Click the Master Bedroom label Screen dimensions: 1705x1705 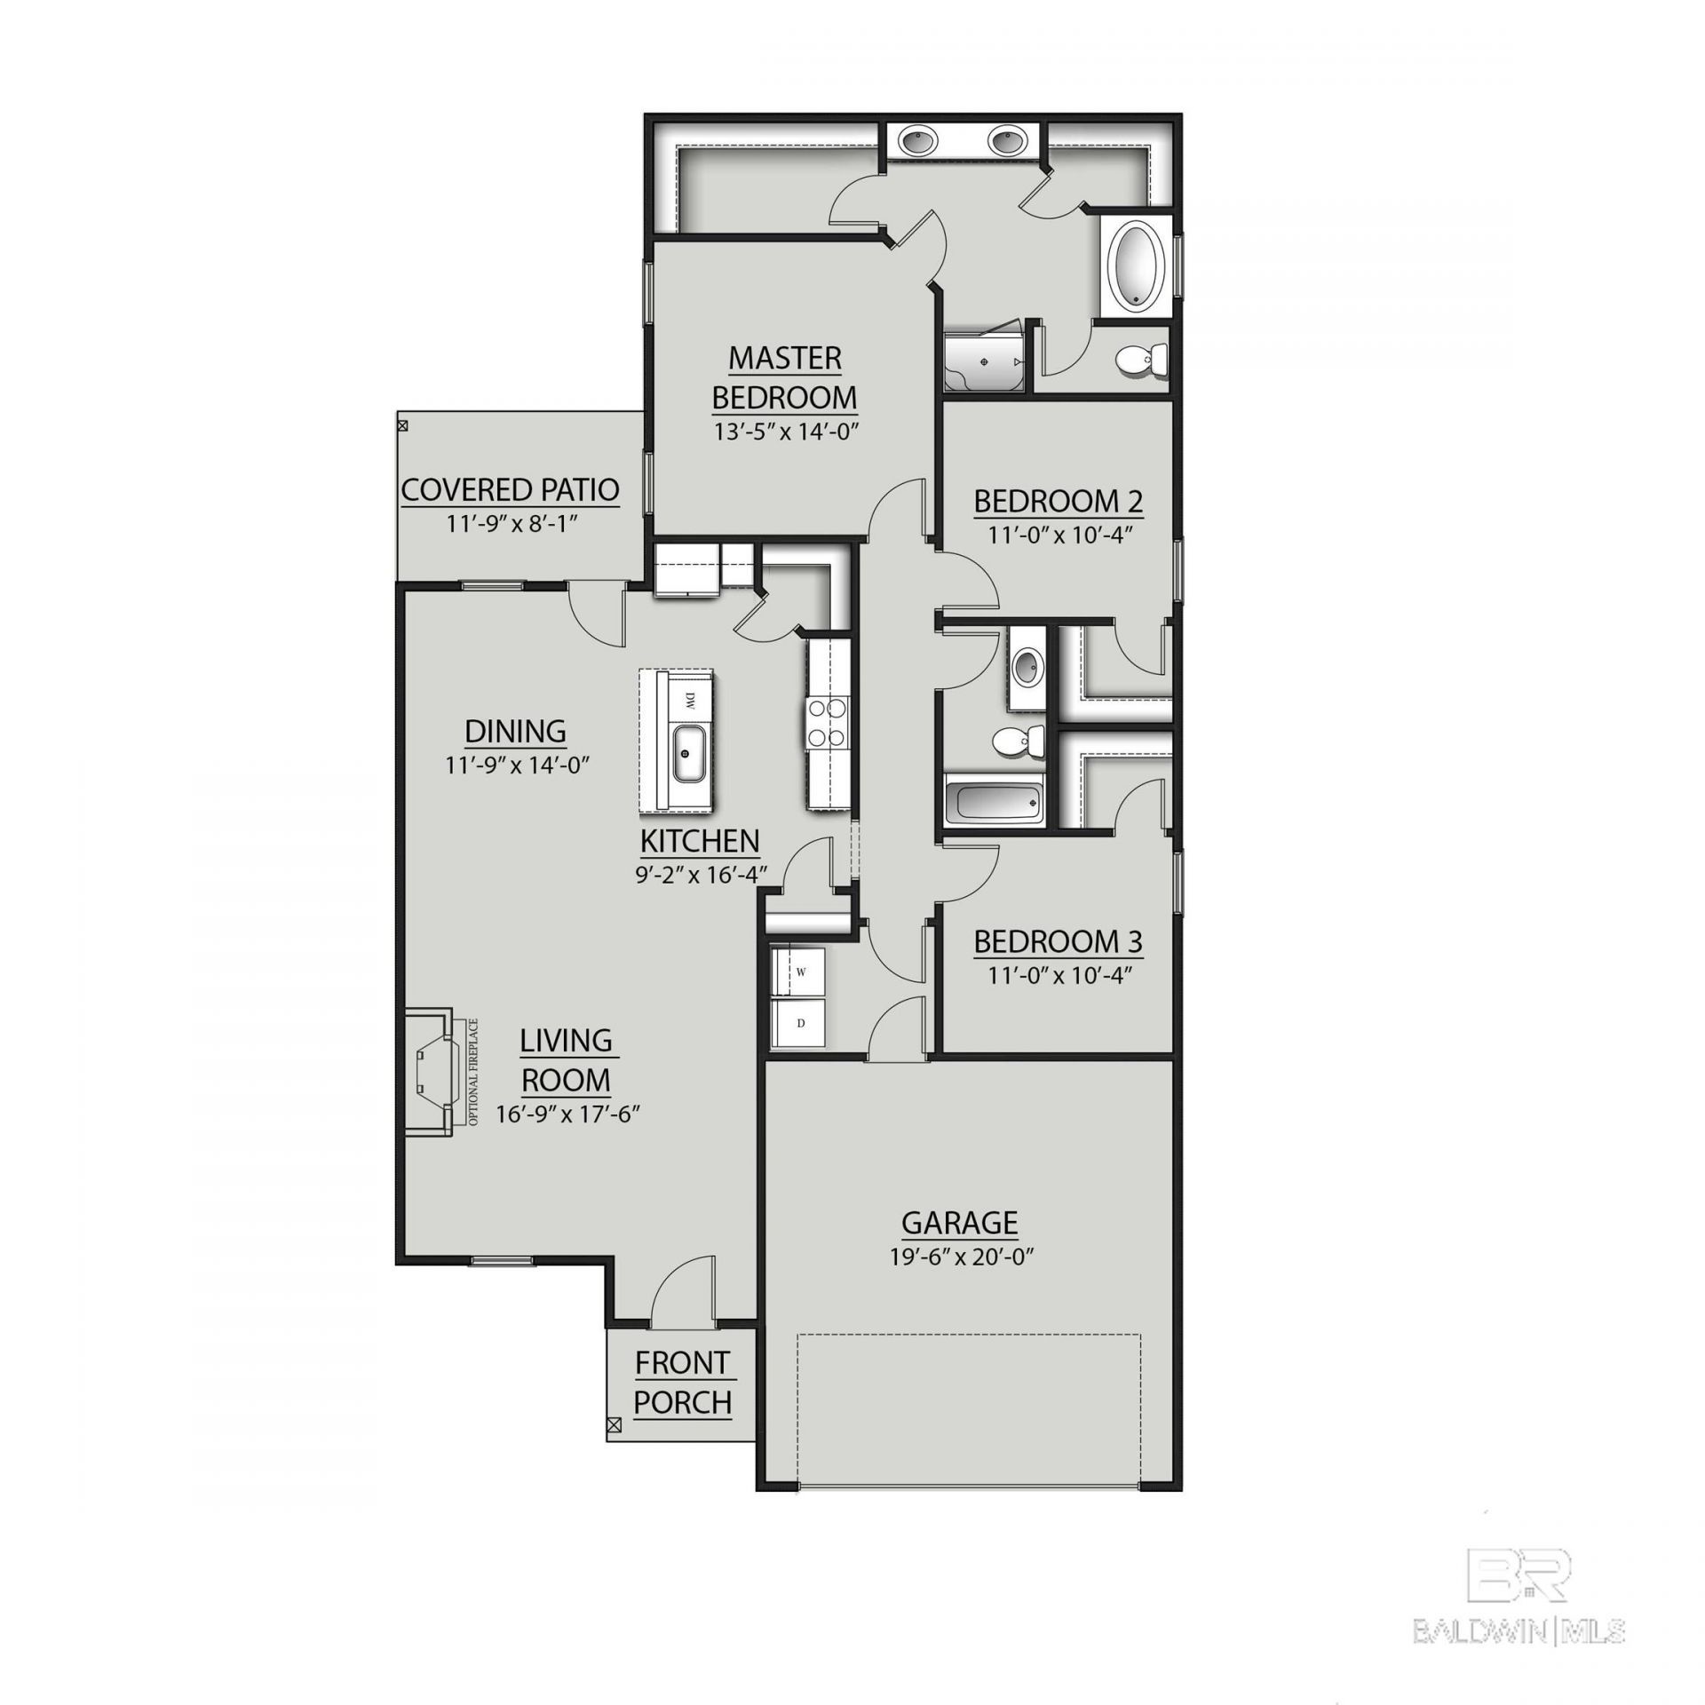pyautogui.click(x=785, y=377)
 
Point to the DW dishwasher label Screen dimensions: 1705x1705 pyautogui.click(x=688, y=701)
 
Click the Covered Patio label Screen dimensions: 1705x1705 pyautogui.click(x=511, y=490)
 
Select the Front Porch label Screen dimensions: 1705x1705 pyautogui.click(x=683, y=1383)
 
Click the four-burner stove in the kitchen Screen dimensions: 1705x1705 pyautogui.click(x=826, y=722)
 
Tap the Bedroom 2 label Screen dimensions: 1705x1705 pyautogui.click(x=1059, y=502)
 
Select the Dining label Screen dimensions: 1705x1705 pyautogui.click(x=516, y=732)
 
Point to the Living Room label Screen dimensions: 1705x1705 pyautogui.click(x=566, y=1059)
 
